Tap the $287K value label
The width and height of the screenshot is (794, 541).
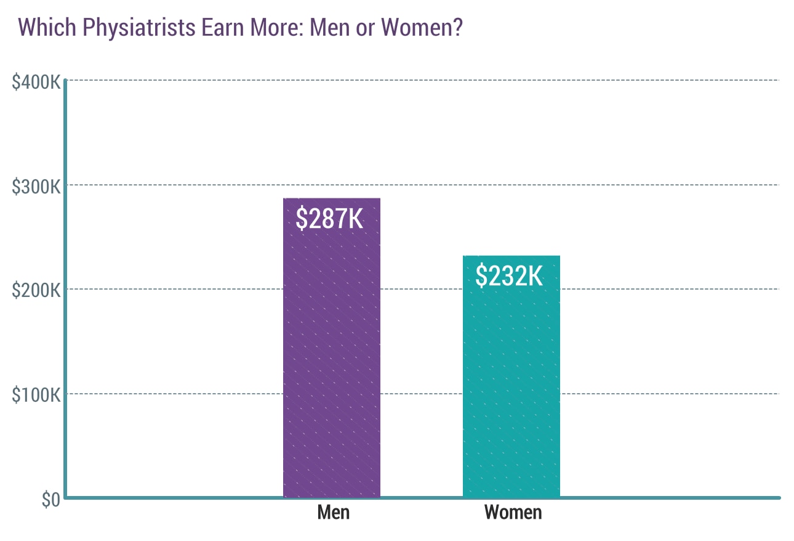point(330,219)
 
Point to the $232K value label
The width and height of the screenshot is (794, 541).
point(510,276)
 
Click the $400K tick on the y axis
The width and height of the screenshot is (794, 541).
point(36,81)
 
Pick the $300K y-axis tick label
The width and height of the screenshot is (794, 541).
point(36,186)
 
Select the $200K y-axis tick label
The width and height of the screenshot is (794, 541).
point(36,290)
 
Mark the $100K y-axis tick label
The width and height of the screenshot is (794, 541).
point(36,395)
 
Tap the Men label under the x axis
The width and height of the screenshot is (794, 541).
point(334,512)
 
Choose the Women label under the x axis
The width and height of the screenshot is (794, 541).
point(513,512)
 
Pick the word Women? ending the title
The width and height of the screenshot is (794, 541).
point(422,28)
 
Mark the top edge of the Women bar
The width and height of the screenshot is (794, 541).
point(511,256)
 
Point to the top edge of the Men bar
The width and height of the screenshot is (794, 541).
point(332,198)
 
